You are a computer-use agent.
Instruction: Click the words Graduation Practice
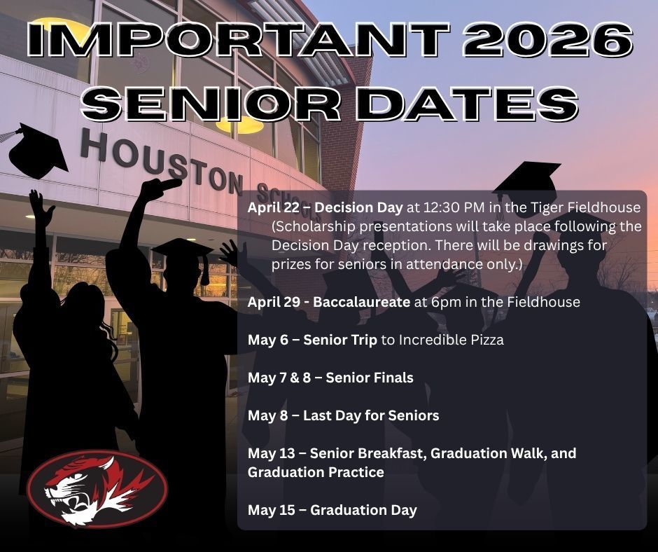click(316, 472)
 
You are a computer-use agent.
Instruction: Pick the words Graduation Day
click(363, 510)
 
